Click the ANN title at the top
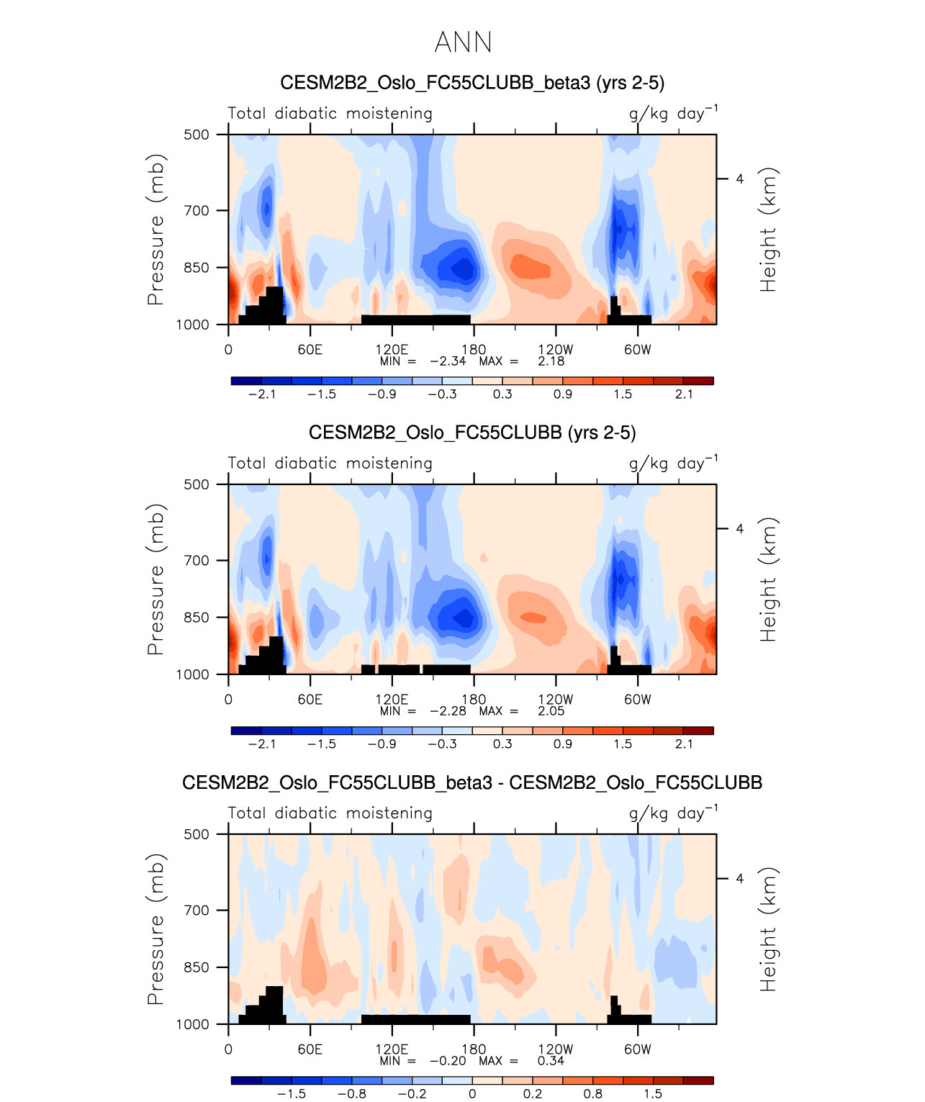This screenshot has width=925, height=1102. (x=463, y=42)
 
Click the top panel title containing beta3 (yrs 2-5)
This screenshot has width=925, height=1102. (x=471, y=83)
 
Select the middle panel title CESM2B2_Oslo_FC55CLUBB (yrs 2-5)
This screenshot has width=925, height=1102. (x=471, y=433)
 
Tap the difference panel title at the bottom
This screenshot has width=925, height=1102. (x=471, y=782)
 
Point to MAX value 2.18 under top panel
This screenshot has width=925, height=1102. (x=551, y=361)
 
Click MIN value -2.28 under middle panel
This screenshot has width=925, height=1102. (x=448, y=711)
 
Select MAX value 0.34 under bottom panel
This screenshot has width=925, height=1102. (x=551, y=1061)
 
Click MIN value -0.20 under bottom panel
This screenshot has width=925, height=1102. (x=448, y=1061)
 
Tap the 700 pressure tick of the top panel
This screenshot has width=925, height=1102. (x=196, y=211)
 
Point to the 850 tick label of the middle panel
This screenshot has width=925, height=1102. (x=196, y=618)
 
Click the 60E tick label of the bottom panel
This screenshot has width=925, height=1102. (x=310, y=1049)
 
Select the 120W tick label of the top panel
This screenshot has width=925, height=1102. (x=556, y=350)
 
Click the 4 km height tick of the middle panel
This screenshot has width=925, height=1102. (x=739, y=529)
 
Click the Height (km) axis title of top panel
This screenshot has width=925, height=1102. (x=769, y=230)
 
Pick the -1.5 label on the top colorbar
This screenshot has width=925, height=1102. (x=322, y=394)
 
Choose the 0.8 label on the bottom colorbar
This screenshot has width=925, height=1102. (x=592, y=1094)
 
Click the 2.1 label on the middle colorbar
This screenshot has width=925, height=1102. (x=684, y=744)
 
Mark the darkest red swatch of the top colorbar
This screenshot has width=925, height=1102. (x=698, y=381)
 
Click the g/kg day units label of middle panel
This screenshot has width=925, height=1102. (x=672, y=464)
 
